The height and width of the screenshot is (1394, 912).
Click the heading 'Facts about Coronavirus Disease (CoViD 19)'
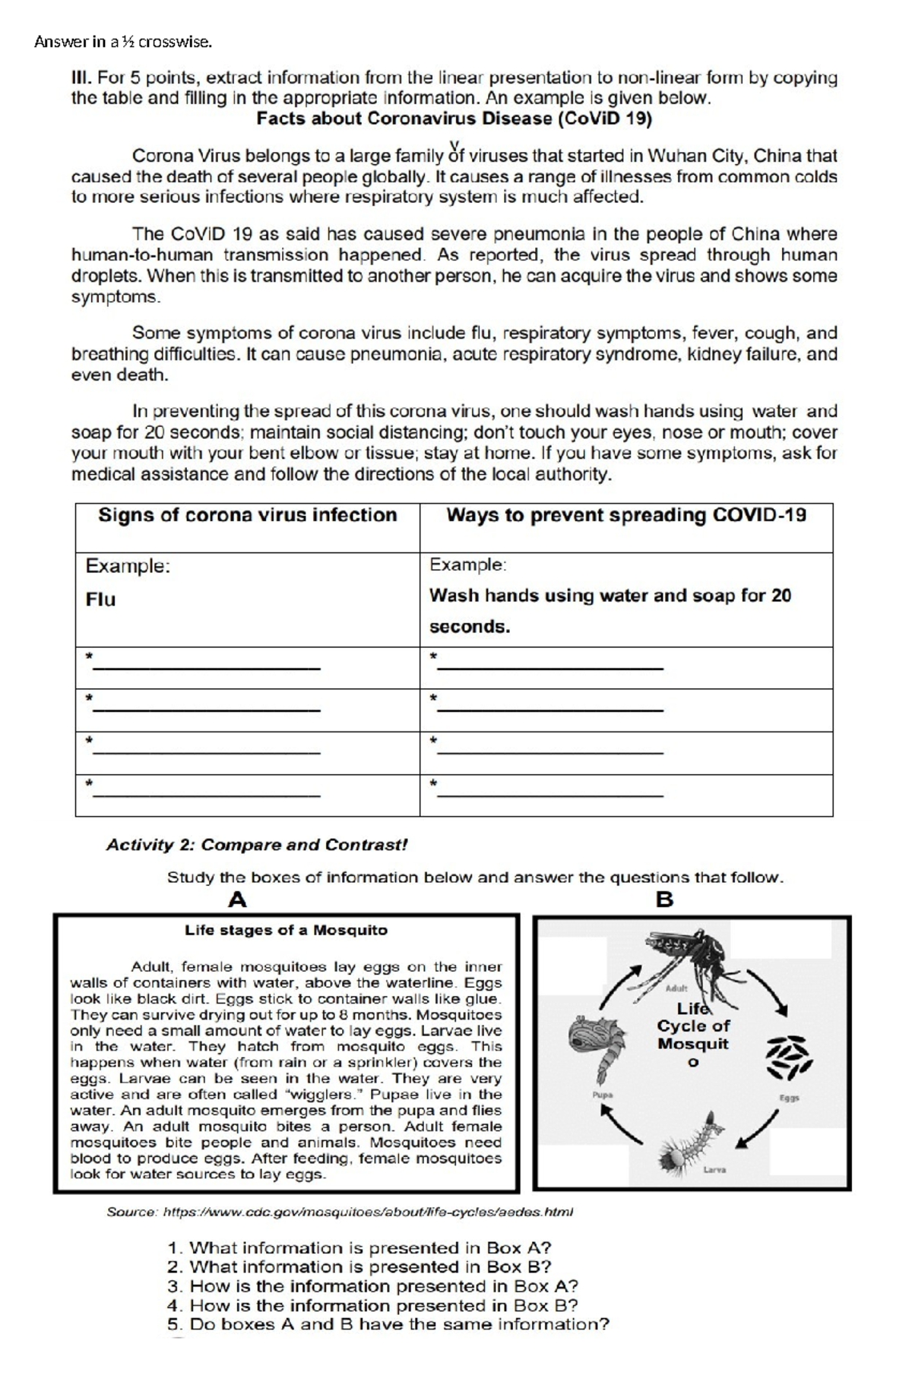point(454,119)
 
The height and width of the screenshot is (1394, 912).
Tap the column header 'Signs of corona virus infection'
point(247,515)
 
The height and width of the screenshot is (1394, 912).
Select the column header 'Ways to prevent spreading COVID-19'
point(625,515)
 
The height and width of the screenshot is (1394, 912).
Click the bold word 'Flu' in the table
point(100,599)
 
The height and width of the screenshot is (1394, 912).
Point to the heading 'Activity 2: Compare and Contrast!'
point(257,845)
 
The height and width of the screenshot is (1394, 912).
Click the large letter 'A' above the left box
point(237,900)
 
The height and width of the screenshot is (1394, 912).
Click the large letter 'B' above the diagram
point(664,900)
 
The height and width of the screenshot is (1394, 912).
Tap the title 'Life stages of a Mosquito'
point(286,930)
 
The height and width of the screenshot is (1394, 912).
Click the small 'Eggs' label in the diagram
point(789,1098)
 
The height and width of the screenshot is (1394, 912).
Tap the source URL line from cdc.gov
point(340,1212)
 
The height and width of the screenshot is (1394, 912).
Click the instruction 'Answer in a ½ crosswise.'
point(122,43)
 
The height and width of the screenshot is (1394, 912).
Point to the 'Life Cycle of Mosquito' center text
point(692,1034)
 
